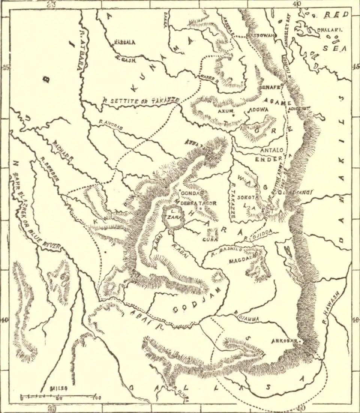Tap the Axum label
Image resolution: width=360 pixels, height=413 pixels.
(x=226, y=111)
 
